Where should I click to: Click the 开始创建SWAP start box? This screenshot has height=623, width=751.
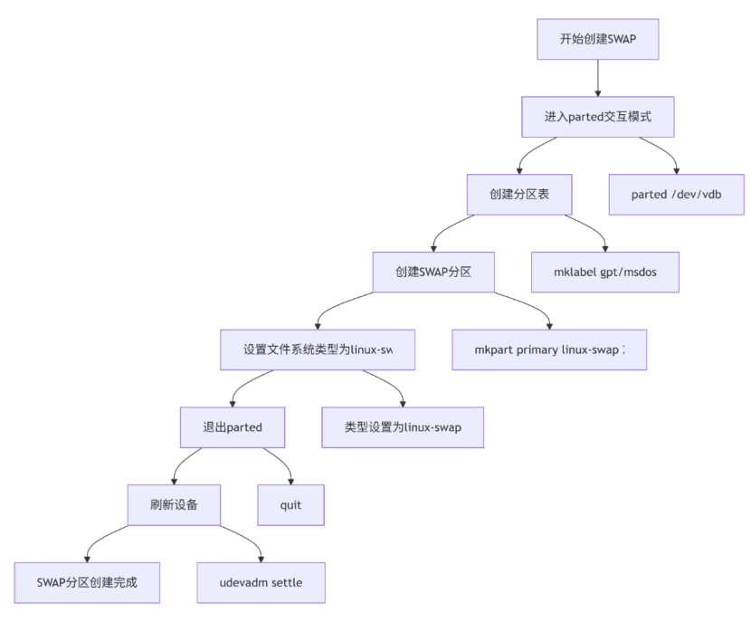tap(597, 39)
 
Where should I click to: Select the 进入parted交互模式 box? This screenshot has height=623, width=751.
tap(597, 117)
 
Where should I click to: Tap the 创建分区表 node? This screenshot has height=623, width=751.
tap(519, 195)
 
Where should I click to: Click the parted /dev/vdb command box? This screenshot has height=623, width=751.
tap(677, 195)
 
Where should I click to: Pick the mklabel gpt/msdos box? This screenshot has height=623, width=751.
tap(604, 272)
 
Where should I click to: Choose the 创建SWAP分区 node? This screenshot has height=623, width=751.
tap(433, 272)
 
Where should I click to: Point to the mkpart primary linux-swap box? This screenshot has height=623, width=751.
tap(549, 350)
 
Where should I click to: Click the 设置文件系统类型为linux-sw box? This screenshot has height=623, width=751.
tap(318, 350)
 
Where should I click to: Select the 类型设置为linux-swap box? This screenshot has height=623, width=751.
tap(403, 427)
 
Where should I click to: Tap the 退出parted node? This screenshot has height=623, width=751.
tap(233, 427)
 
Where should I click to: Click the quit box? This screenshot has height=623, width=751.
tap(291, 504)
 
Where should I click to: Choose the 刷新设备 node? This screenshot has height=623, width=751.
tap(174, 504)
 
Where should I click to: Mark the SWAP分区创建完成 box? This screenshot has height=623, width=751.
tap(87, 582)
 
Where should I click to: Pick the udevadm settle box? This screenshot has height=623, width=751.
tap(261, 582)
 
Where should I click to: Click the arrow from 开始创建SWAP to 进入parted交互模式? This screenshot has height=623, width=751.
tap(597, 79)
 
